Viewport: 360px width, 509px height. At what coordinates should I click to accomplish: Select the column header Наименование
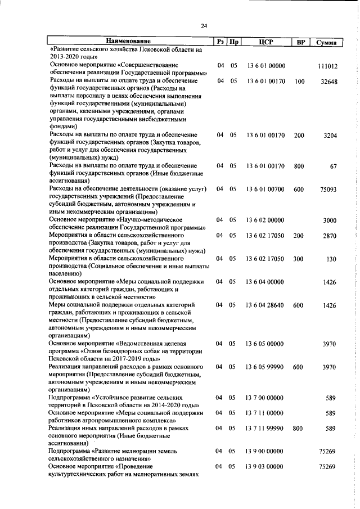click(129, 42)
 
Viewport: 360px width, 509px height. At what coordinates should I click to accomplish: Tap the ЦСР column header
click(266, 42)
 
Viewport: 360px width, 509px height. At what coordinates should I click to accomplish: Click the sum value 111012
click(327, 66)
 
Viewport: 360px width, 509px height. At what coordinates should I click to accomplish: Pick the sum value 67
click(333, 167)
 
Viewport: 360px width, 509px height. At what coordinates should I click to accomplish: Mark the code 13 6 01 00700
click(266, 190)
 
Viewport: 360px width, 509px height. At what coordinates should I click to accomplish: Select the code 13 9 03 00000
click(266, 467)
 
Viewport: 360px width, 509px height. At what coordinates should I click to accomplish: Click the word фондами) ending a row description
click(63, 127)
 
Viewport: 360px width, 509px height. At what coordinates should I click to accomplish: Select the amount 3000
click(329, 220)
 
